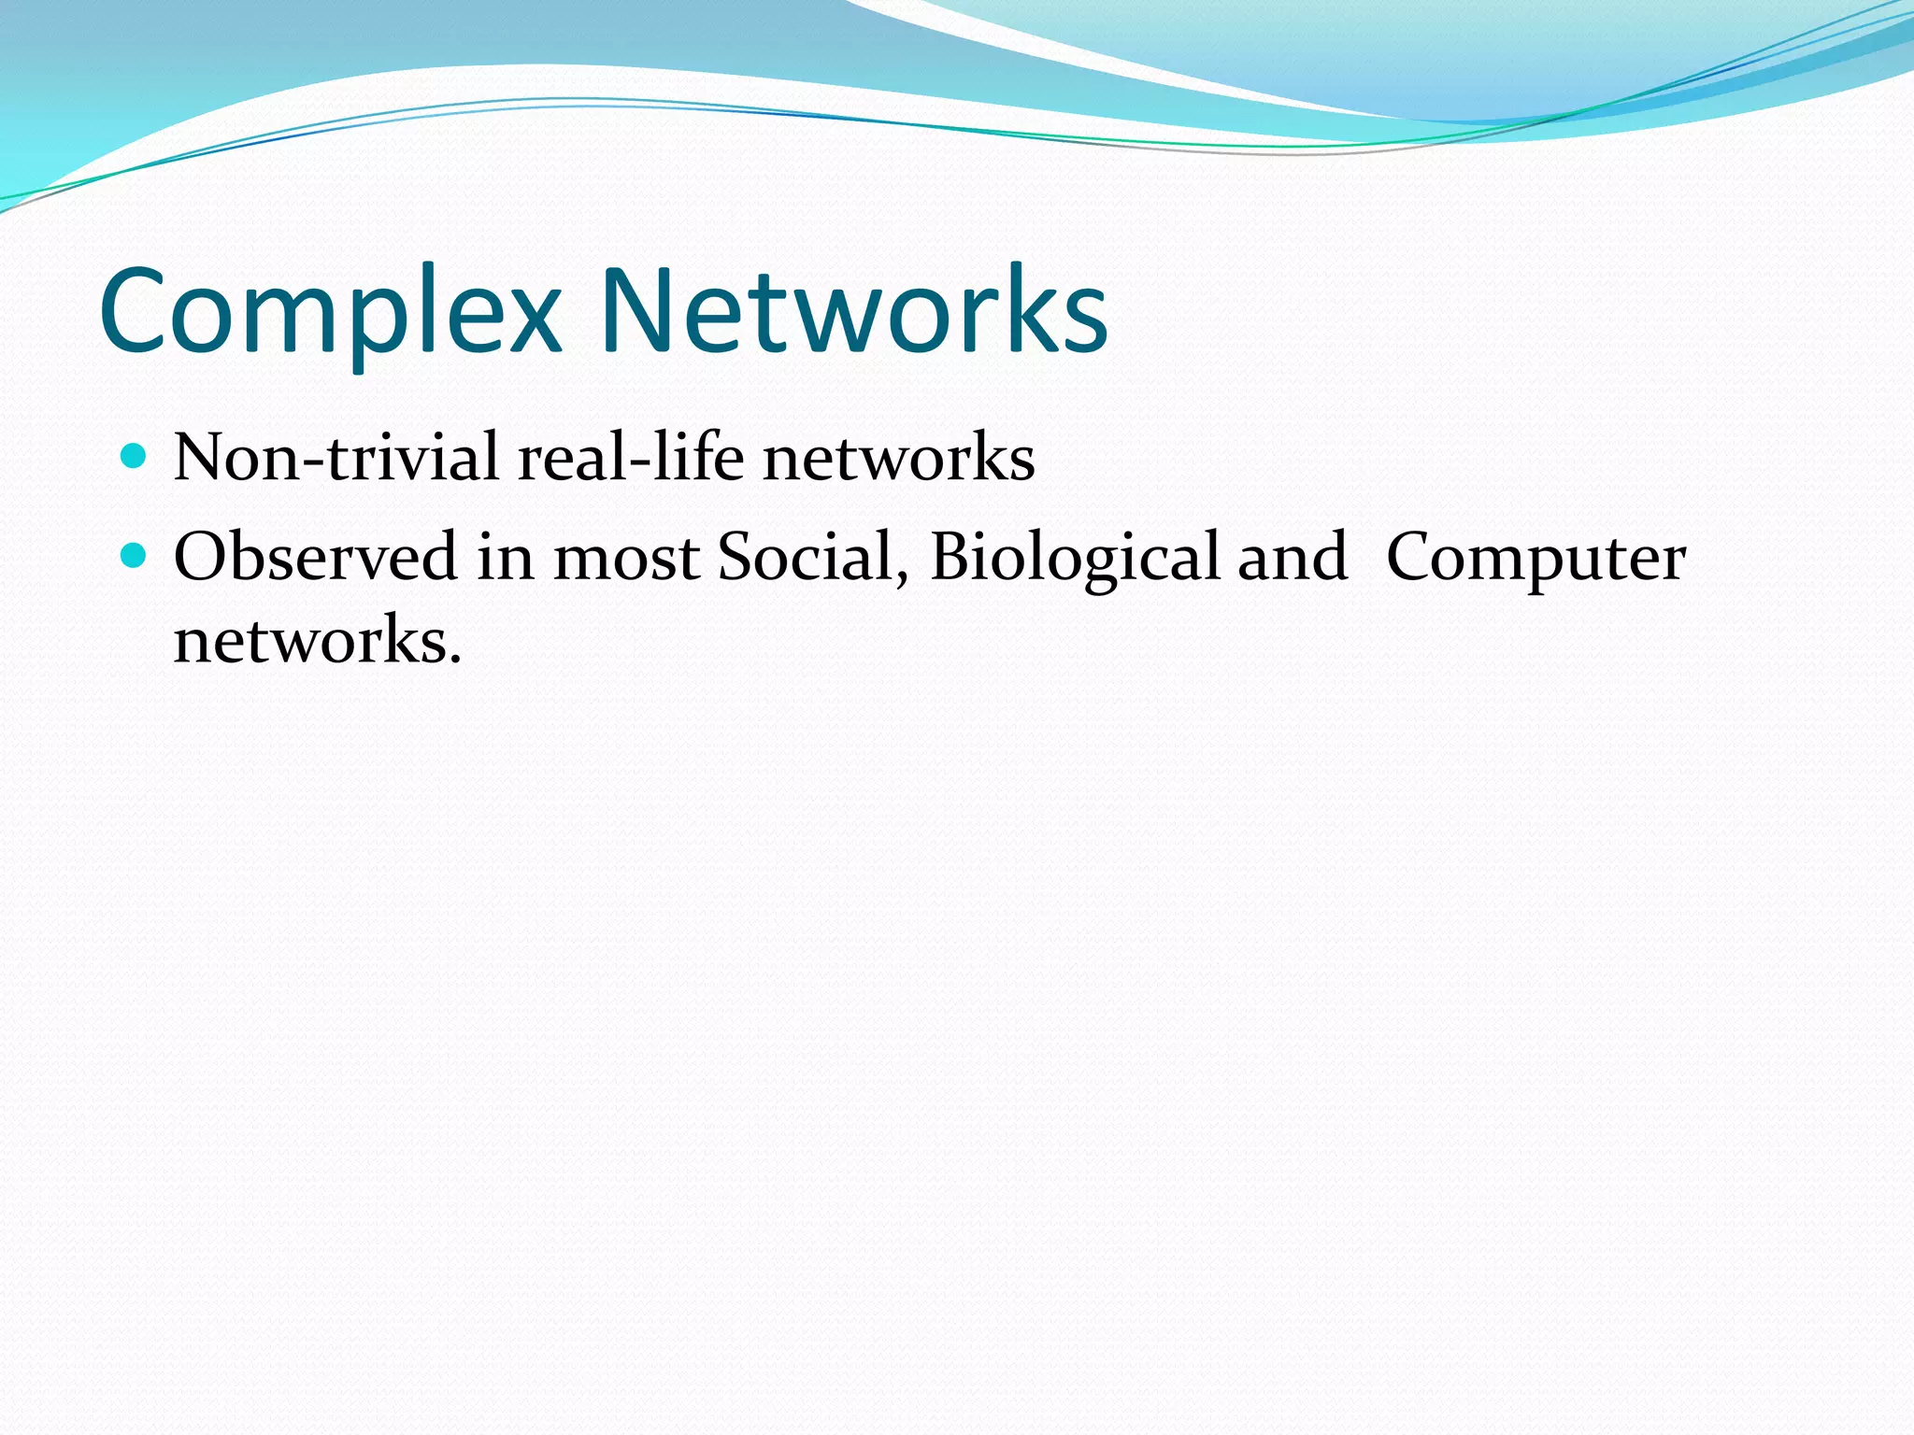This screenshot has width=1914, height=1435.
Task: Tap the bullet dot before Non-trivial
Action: click(x=135, y=457)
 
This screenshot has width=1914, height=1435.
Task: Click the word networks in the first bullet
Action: click(x=898, y=458)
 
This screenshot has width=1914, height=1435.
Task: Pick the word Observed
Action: click(x=315, y=557)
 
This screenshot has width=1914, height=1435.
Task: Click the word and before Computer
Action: click(x=1293, y=557)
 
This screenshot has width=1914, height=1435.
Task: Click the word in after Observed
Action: click(x=505, y=557)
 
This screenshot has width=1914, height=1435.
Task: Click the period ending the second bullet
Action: click(x=455, y=660)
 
